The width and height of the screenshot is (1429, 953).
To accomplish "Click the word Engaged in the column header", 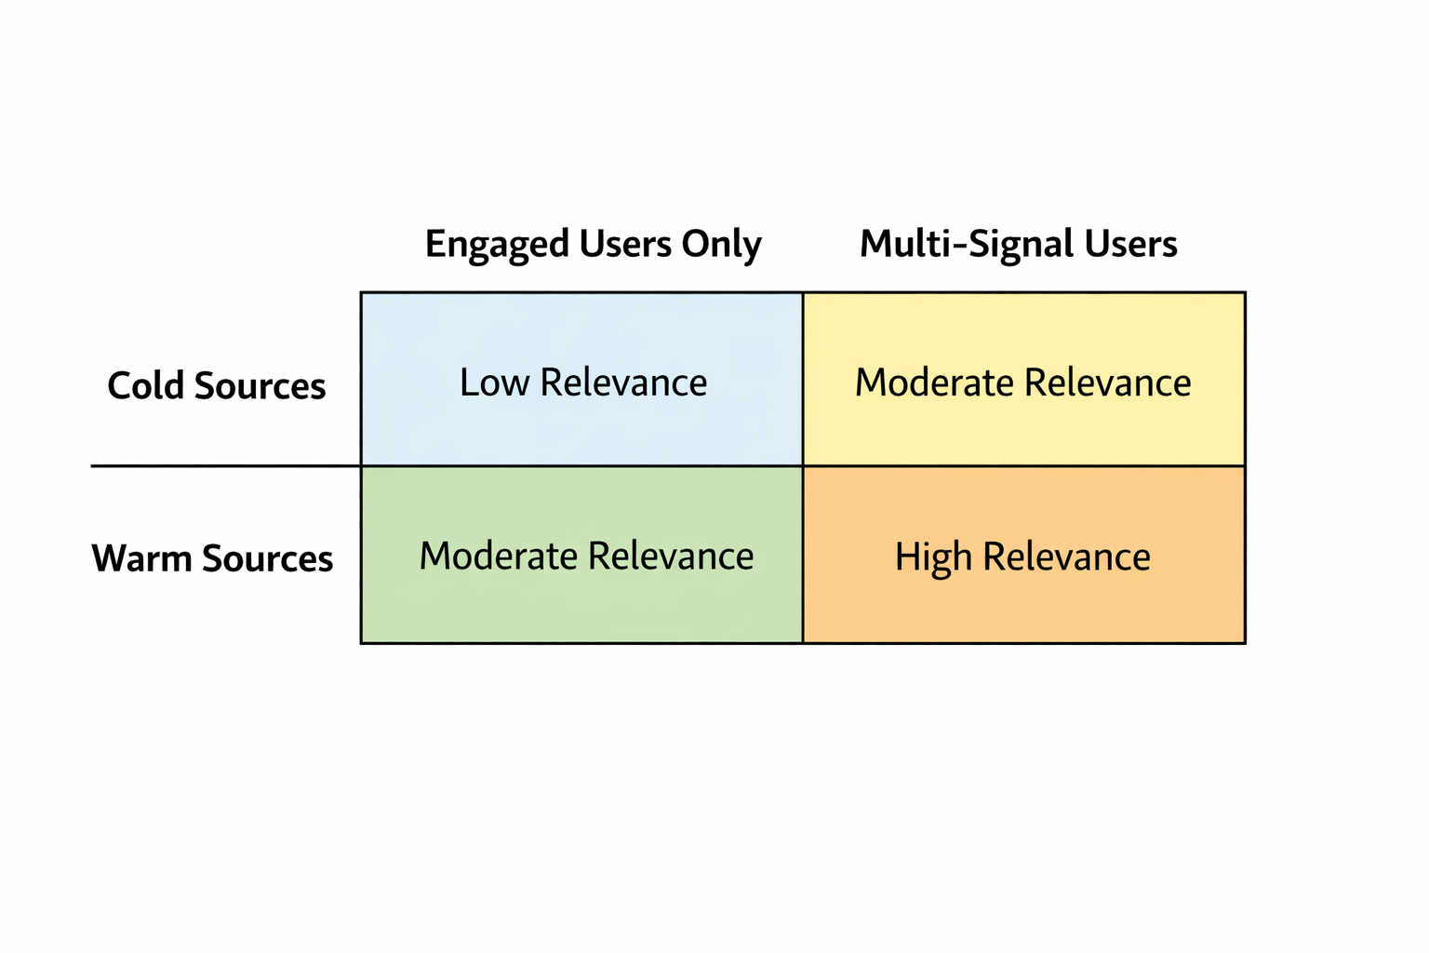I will (x=497, y=245).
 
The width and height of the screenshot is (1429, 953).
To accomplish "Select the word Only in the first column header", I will (x=721, y=245).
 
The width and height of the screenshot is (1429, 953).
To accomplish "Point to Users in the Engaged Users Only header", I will (x=626, y=245).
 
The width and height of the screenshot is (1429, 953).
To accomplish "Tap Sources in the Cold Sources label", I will (x=260, y=386).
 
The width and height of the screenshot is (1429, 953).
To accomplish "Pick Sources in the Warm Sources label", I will (x=267, y=559).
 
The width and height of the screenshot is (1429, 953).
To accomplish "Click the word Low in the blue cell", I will (x=494, y=383).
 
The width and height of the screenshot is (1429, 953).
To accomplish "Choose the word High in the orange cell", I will (x=933, y=557).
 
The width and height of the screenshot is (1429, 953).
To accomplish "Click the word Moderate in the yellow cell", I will (x=934, y=383).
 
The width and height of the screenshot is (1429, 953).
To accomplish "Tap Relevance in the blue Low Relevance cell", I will (x=623, y=383).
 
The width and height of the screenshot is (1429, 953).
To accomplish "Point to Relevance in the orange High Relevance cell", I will (x=1066, y=557).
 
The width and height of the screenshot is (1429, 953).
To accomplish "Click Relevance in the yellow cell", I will (x=1107, y=383).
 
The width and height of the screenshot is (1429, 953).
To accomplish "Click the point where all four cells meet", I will (x=803, y=465).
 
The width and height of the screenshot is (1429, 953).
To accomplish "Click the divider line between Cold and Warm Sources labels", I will (x=223, y=465).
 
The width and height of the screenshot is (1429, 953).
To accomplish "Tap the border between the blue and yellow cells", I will (x=803, y=379).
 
